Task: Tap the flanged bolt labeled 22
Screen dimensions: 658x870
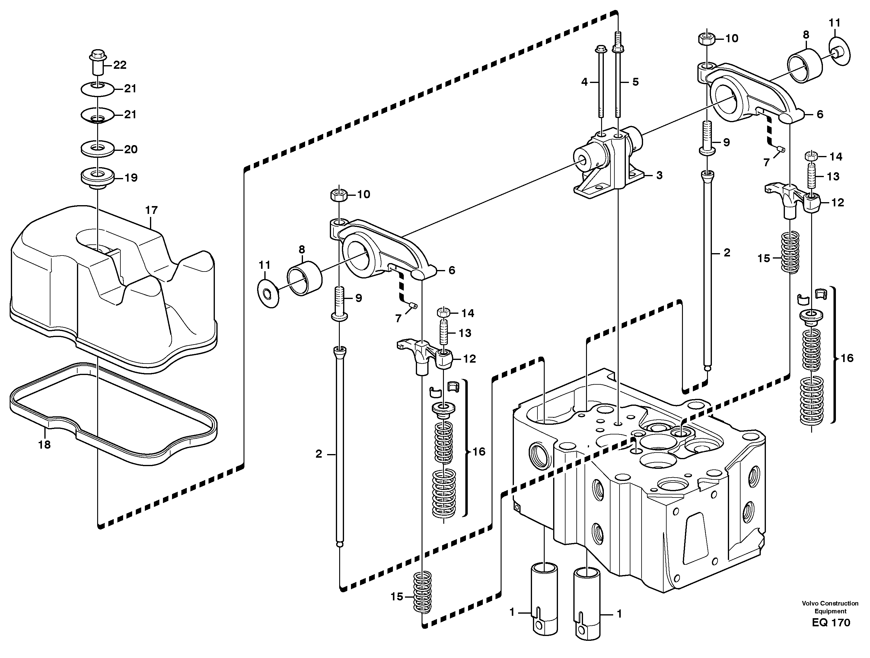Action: (97, 62)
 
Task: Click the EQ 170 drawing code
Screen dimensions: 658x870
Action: (831, 623)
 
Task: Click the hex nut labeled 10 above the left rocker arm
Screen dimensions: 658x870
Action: (338, 194)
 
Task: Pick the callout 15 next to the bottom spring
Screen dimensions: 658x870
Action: (397, 597)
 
